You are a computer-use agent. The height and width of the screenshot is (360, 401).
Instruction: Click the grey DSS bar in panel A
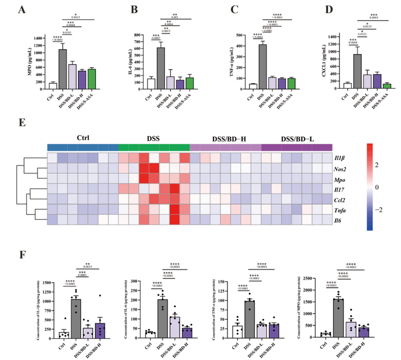(x=63, y=70)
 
